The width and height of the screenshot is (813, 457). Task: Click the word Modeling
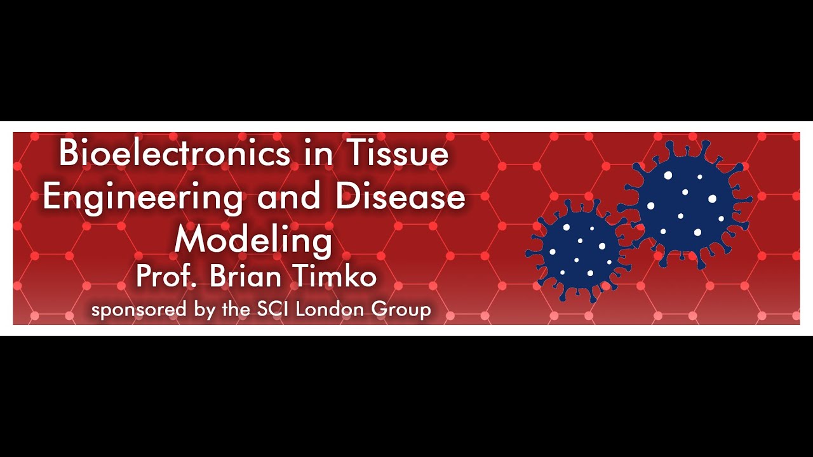(253, 241)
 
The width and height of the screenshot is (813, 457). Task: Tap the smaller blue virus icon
(577, 249)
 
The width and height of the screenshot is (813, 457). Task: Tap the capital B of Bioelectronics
(69, 154)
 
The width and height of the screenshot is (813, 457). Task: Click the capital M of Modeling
(189, 241)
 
